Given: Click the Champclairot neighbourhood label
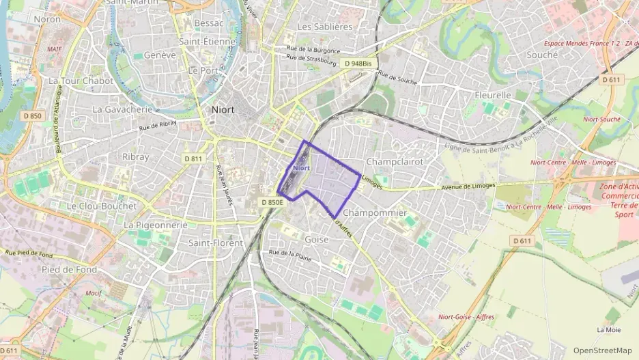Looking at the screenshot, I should point(395,162).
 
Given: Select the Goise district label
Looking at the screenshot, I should point(316,240).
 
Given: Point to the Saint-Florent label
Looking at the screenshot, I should point(215,243).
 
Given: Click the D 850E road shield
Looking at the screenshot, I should point(272,202).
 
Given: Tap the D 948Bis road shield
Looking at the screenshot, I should point(358,64).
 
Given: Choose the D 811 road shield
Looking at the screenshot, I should point(193,158).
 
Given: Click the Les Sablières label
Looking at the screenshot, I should point(325,27).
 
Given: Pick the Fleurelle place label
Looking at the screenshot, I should point(493,95).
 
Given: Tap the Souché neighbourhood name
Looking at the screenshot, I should point(543,55).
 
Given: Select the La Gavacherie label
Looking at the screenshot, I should point(122,109).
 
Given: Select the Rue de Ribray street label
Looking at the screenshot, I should point(158,125).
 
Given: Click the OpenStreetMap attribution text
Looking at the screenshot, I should point(602,350).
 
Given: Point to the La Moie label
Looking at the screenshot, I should point(608,329).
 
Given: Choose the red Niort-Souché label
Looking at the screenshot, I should point(601,120).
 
